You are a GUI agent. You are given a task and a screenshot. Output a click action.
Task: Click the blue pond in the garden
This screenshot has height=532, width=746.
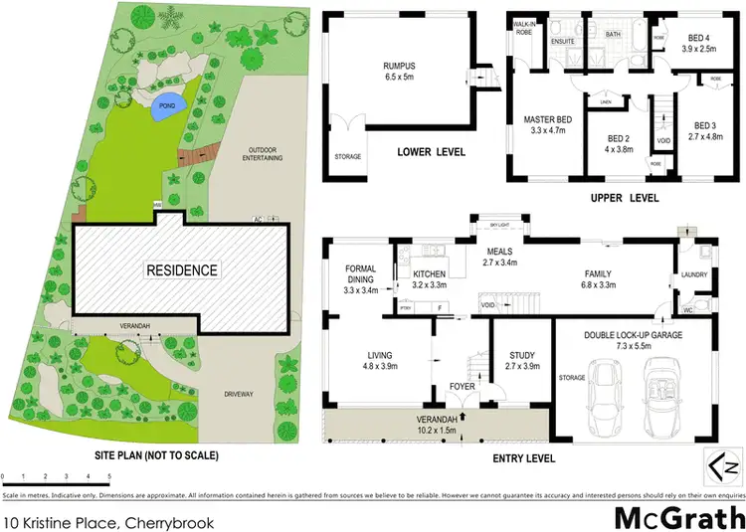tap(167, 109)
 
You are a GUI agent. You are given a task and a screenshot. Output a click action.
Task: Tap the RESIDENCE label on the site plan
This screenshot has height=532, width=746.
tap(184, 270)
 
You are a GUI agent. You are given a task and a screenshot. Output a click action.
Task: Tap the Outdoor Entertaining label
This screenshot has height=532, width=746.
tap(262, 159)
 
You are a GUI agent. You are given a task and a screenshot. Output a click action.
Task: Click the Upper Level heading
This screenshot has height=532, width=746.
tap(625, 198)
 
